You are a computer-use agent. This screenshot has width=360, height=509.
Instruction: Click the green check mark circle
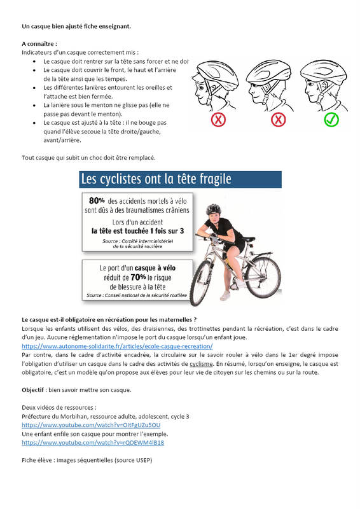331,120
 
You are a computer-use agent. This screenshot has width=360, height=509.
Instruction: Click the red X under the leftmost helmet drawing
218,120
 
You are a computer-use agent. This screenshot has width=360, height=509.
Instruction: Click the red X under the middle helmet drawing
278,120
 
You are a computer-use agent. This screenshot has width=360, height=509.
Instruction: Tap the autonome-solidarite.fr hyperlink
117,346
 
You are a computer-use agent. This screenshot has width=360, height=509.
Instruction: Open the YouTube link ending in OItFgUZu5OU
91,425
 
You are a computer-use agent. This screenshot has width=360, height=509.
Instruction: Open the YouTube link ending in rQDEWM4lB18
93,442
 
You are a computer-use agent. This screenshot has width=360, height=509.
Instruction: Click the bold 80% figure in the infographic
97,201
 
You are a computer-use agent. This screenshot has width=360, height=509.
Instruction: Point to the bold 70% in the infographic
138,277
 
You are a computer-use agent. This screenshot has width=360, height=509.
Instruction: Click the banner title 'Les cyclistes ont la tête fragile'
156,179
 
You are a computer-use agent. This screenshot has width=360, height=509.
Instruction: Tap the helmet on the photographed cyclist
213,209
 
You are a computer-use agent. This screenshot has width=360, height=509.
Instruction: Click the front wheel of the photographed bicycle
202,282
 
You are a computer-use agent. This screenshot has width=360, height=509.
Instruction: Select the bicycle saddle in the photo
248,240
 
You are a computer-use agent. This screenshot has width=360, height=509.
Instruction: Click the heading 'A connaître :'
39,44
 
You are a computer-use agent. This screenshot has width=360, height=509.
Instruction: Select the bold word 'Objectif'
33,390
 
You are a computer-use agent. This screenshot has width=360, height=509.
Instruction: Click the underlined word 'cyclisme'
201,364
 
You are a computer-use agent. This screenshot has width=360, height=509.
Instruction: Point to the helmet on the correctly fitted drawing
323,71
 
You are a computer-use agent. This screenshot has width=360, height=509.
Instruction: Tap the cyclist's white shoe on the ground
225,296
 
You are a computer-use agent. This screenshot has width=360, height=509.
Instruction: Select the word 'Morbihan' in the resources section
74,417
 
